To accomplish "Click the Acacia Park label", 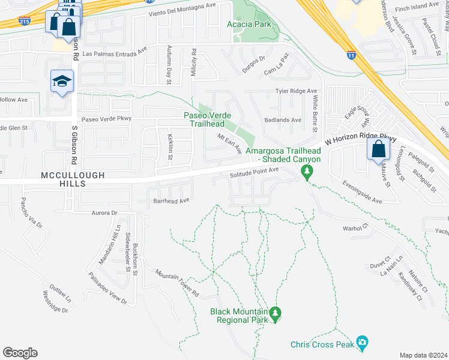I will click(249, 25).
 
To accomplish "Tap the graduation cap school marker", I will click(61, 82).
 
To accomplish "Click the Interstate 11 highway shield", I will click(351, 55).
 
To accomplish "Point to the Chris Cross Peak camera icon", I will click(361, 342).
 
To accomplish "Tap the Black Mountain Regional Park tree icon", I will click(276, 313).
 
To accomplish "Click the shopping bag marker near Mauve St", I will click(378, 149).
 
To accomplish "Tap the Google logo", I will click(20, 353).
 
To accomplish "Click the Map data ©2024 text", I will click(423, 355).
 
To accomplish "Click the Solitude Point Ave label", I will click(255, 171).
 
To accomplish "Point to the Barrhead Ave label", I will click(172, 200).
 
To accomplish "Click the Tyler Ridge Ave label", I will click(296, 91).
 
